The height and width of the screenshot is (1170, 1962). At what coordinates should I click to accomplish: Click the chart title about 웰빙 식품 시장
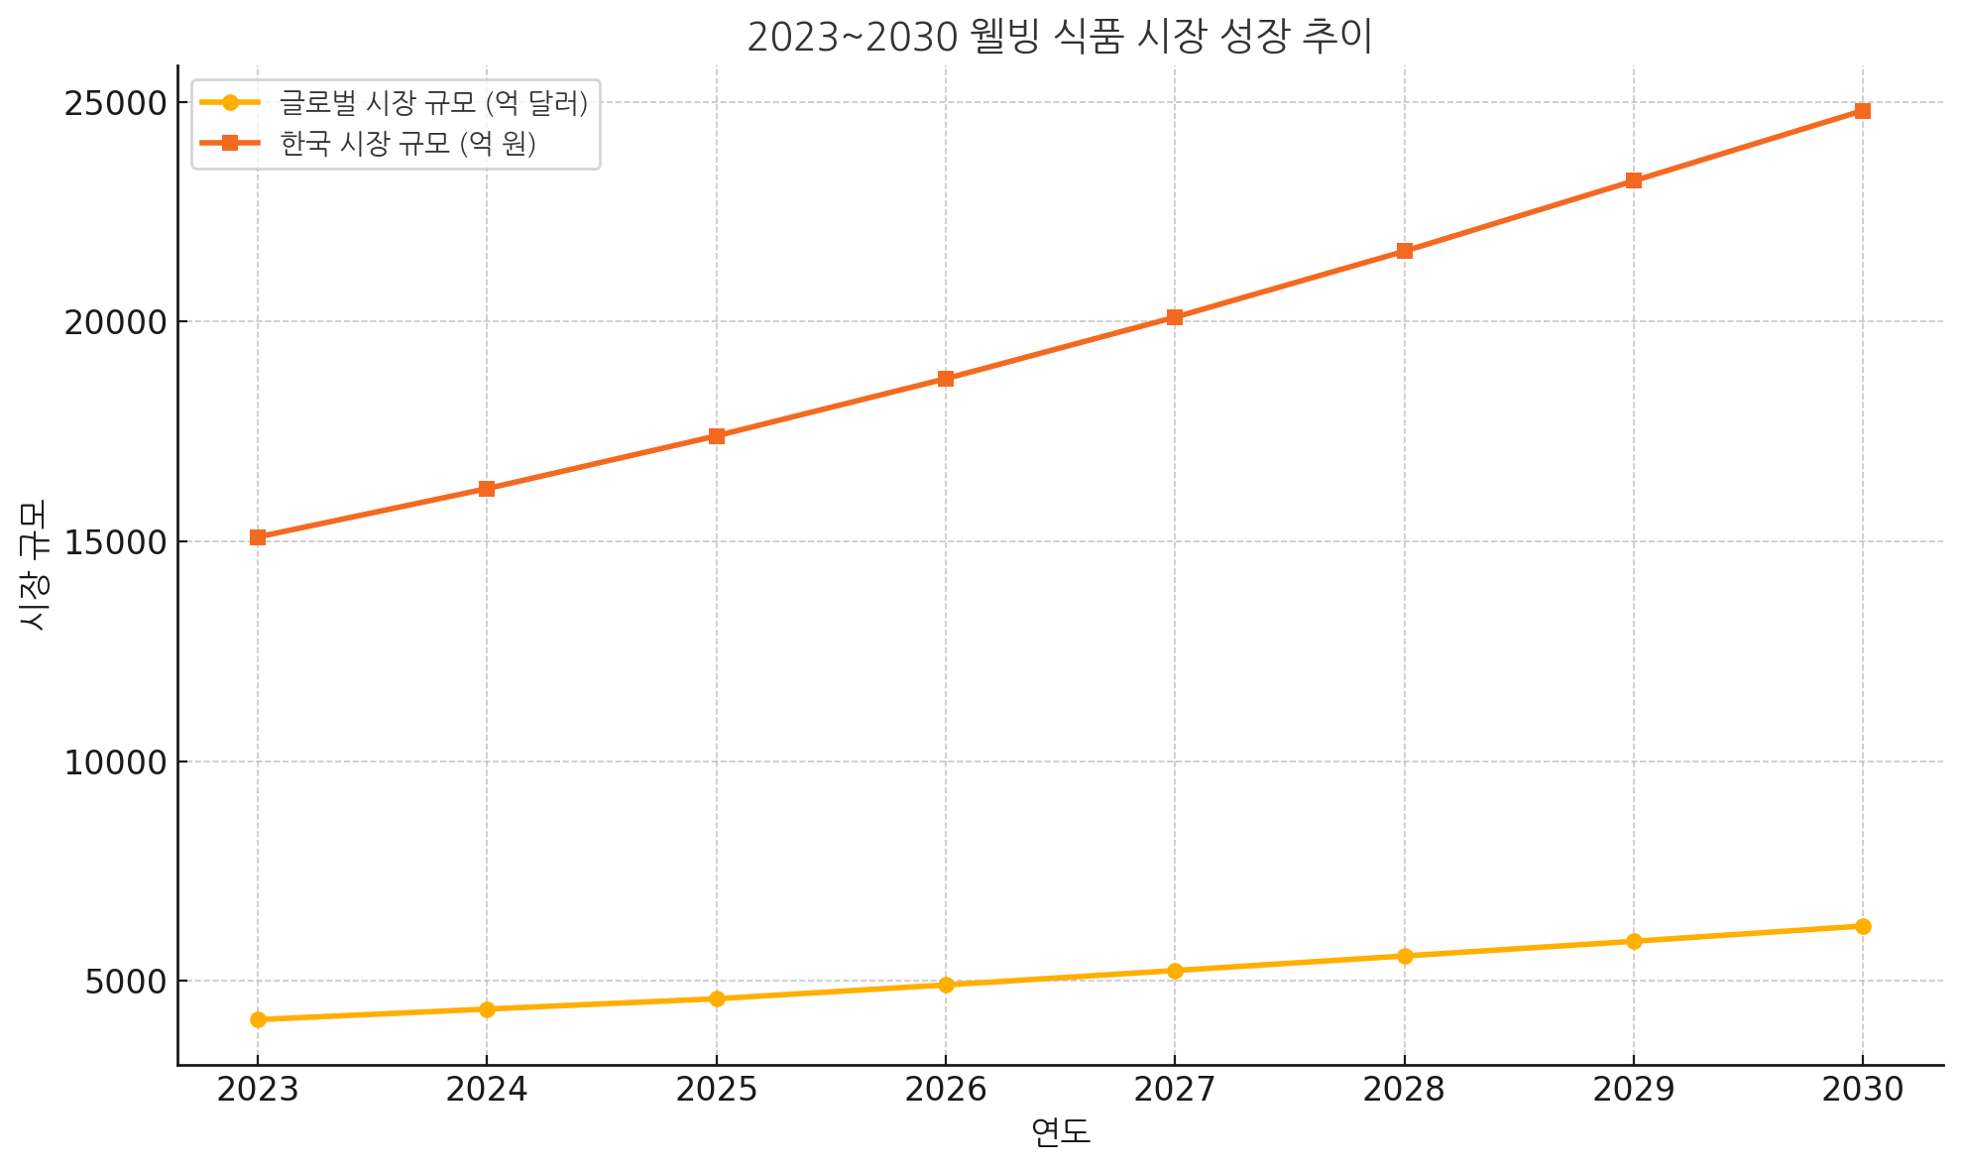[x=1059, y=38]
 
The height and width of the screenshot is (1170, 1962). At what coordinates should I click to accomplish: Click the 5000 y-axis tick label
[x=124, y=982]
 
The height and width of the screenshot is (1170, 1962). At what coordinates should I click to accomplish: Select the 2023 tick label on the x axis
[x=258, y=1090]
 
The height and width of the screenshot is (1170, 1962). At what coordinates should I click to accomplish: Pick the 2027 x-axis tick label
[x=1175, y=1090]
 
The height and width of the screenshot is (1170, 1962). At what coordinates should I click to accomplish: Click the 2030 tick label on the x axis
[x=1863, y=1090]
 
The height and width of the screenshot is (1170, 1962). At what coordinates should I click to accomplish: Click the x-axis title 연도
[x=1060, y=1132]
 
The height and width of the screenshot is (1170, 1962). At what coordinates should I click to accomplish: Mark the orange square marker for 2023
[x=258, y=537]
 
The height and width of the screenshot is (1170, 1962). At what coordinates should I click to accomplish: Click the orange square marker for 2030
[x=1863, y=111]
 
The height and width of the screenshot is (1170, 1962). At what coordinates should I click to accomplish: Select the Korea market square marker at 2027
[x=1175, y=317]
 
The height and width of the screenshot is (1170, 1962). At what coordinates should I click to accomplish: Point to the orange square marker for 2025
[x=717, y=436]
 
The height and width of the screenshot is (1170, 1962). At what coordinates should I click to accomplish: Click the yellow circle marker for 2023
[x=258, y=1019]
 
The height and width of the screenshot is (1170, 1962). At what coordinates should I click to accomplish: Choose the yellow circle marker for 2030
[x=1863, y=926]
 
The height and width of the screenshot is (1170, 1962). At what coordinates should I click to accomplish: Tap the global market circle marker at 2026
[x=946, y=985]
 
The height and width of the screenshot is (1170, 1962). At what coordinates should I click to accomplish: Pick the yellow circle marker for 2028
[x=1405, y=956]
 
